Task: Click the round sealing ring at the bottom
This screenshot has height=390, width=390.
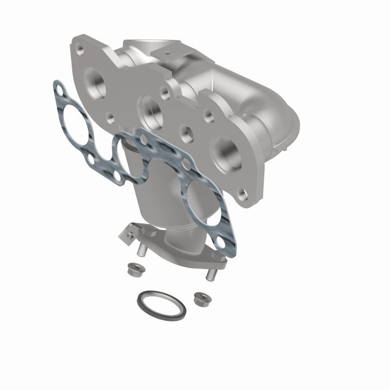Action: (x=161, y=305)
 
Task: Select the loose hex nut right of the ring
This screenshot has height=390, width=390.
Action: (x=201, y=298)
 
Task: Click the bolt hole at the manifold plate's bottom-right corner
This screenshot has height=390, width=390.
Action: (x=243, y=193)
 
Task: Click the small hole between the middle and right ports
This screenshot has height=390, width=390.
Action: (x=187, y=131)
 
